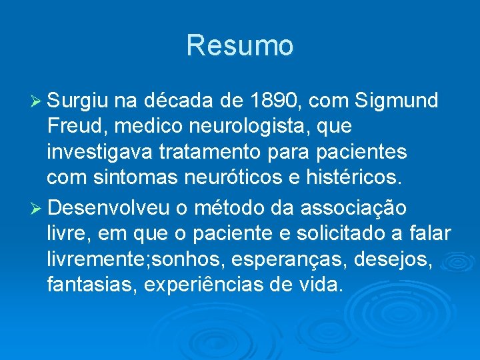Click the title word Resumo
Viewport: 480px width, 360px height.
tap(239, 45)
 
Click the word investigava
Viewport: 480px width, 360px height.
tap(99, 151)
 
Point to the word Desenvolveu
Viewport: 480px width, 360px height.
tap(108, 208)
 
